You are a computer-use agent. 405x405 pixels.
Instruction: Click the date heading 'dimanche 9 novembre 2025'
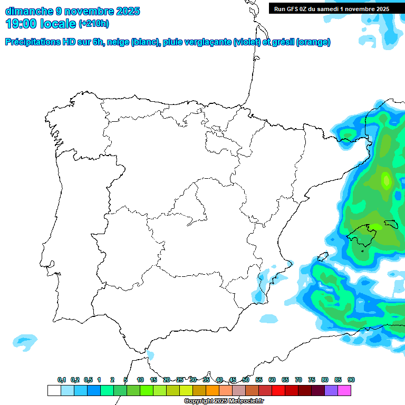[x=72, y=11]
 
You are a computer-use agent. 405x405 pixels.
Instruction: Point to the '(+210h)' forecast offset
[x=93, y=24]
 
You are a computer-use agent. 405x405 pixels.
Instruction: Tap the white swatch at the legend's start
[x=54, y=390]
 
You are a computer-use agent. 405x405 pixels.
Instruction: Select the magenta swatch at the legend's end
[x=344, y=390]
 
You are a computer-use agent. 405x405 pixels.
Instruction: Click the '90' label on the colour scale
[x=351, y=380]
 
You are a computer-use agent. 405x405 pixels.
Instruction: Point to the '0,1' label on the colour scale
[x=62, y=380]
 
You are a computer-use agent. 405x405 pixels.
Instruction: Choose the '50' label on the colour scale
[x=246, y=380]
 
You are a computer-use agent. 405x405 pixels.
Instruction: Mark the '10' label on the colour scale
[x=140, y=380]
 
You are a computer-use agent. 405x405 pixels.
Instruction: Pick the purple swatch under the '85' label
[x=331, y=390]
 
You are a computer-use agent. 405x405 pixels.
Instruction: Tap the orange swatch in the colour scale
[x=213, y=390]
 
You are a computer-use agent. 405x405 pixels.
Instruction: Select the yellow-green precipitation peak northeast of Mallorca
[x=386, y=180]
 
